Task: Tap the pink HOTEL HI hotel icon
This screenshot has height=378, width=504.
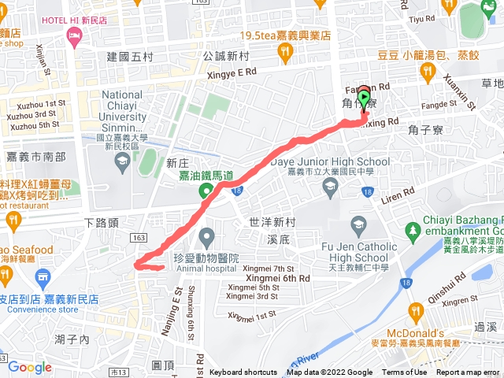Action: click(75, 35)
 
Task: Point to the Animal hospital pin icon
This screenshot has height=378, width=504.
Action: click(207, 235)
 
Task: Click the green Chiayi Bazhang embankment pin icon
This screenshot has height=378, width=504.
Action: click(412, 230)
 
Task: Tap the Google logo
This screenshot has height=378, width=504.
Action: click(30, 367)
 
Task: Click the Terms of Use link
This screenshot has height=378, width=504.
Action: click(405, 372)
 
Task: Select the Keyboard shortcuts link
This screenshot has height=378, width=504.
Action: click(243, 372)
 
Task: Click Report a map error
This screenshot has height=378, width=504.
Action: click(469, 372)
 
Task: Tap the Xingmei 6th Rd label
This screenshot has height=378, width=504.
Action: click(276, 278)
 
